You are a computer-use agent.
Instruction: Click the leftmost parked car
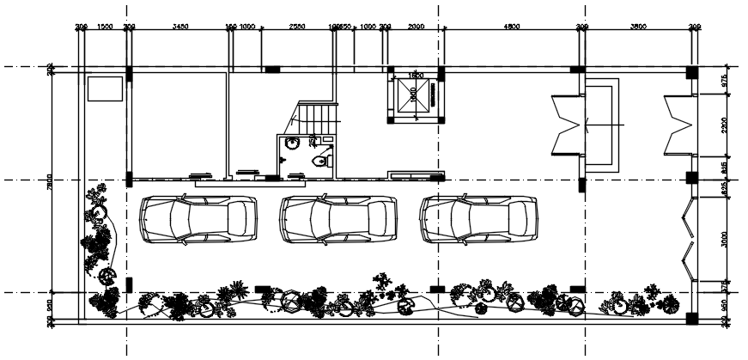(x=198, y=220)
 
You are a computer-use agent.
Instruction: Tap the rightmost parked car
(x=478, y=220)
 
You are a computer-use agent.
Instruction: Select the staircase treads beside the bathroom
(x=318, y=117)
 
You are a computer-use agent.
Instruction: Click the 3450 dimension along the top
(x=180, y=27)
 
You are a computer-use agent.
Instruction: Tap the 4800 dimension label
(x=511, y=27)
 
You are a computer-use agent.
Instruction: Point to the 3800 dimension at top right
(x=637, y=27)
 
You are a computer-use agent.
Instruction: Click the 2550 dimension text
(x=296, y=27)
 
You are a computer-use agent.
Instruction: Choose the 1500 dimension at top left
(x=105, y=27)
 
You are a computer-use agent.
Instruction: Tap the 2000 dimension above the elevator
(x=416, y=27)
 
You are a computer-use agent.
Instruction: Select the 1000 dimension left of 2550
(x=247, y=27)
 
